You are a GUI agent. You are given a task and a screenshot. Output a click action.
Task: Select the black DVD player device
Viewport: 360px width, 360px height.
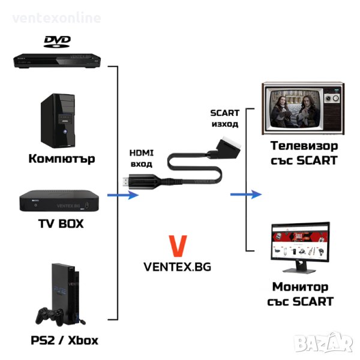57,59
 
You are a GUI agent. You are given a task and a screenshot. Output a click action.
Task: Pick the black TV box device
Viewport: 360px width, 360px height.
56,202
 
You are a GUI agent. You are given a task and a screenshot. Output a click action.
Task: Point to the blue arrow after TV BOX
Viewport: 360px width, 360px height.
123,196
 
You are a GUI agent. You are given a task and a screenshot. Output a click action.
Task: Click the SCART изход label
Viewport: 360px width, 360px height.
224,118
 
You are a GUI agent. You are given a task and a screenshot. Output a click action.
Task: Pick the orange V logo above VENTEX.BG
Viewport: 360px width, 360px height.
178,247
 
